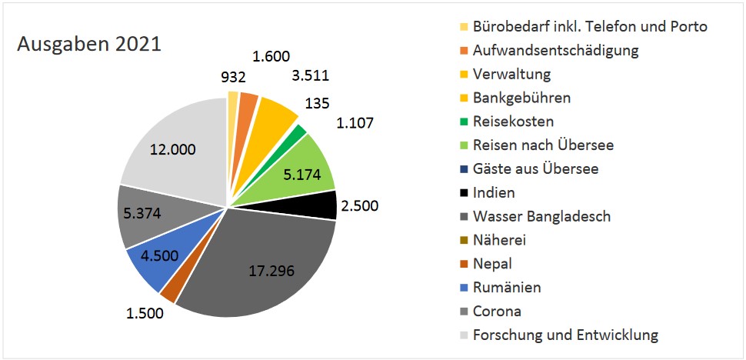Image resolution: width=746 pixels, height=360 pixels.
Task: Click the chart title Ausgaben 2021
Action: (89, 44)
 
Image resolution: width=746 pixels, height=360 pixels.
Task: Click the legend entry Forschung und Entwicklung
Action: (565, 335)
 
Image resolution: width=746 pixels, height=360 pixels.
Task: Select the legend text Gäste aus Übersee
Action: (535, 168)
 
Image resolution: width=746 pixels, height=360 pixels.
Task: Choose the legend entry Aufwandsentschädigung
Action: (556, 51)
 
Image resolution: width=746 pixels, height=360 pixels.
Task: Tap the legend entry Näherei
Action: (498, 240)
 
